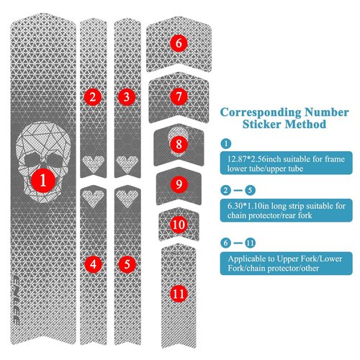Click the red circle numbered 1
click(43, 181)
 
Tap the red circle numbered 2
click(93, 97)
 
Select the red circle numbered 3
click(127, 97)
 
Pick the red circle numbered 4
click(93, 264)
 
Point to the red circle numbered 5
click(127, 264)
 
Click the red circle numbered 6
click(179, 43)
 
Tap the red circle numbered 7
click(179, 96)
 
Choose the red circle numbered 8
click(179, 144)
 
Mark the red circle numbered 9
click(179, 184)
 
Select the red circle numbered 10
click(179, 225)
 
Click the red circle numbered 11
click(179, 294)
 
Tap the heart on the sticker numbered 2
click(94, 163)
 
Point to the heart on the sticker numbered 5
click(127, 198)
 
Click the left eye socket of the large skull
click(31, 159)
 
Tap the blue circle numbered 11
click(250, 243)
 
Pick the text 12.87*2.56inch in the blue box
click(254, 159)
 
